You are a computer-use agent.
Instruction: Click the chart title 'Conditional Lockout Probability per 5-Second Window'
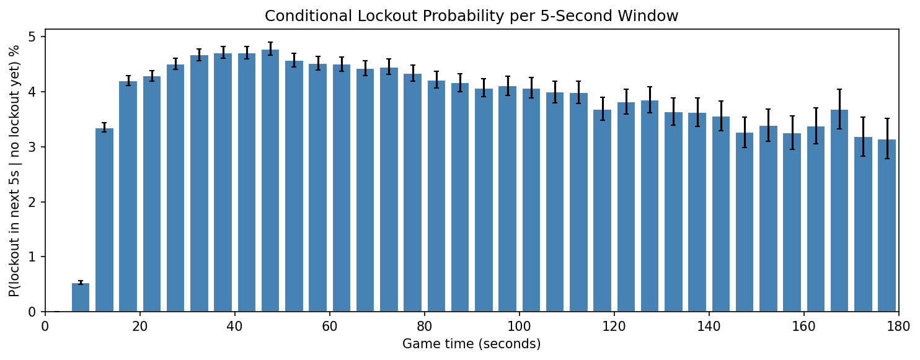click(471, 16)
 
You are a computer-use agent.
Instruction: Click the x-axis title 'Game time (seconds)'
click(471, 344)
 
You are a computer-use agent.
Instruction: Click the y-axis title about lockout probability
click(15, 170)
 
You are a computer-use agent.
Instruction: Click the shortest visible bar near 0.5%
click(81, 298)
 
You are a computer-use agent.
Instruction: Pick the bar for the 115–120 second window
click(602, 211)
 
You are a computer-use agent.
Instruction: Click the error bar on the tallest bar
click(270, 49)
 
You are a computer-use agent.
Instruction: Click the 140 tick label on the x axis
click(709, 325)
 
